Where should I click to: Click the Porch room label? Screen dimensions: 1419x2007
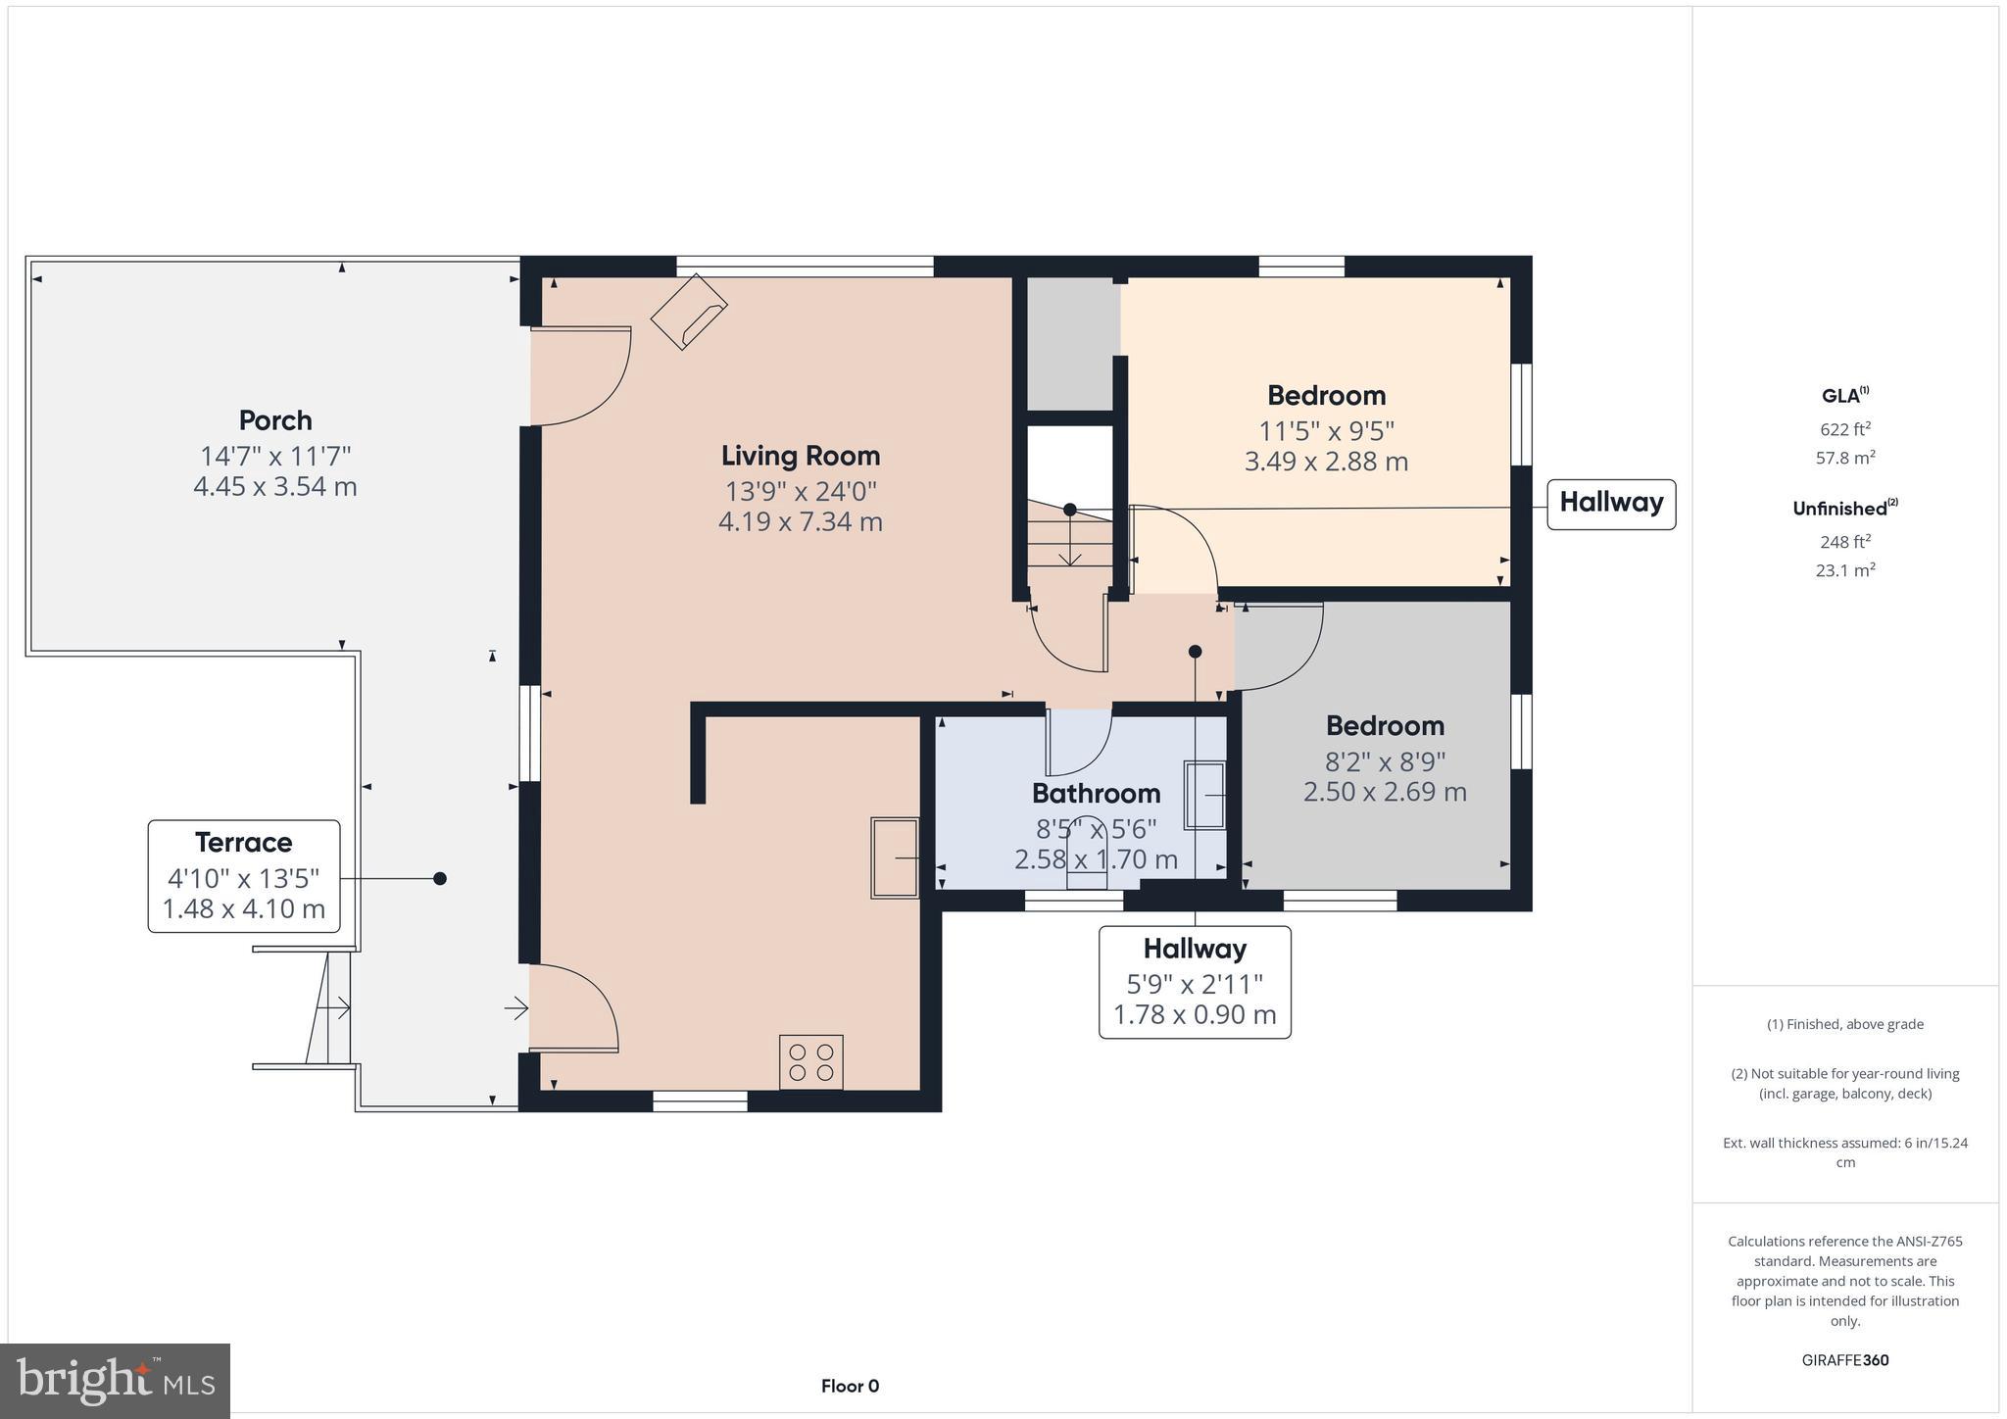point(275,420)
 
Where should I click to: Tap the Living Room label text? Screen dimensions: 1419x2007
point(801,456)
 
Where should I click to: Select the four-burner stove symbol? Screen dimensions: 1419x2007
point(810,1061)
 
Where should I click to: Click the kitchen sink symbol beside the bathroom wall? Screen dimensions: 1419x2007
point(895,857)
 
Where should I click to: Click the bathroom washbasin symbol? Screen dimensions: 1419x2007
point(1205,795)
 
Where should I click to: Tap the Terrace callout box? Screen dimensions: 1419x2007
point(244,875)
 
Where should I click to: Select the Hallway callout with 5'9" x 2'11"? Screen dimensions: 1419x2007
point(1195,981)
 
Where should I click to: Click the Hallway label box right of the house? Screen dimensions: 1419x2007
point(1611,504)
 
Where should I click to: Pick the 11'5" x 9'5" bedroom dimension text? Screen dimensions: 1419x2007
point(1326,430)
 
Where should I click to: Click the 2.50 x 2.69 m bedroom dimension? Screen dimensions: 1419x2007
point(1384,792)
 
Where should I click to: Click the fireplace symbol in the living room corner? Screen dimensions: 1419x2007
point(689,311)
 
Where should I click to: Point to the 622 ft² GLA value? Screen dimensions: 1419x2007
point(1845,429)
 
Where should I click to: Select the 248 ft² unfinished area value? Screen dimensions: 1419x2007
point(1845,542)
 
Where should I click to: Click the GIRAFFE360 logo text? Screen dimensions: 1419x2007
point(1844,1360)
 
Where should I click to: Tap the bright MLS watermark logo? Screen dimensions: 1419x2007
point(116,1381)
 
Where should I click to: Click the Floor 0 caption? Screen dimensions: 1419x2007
point(850,1386)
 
